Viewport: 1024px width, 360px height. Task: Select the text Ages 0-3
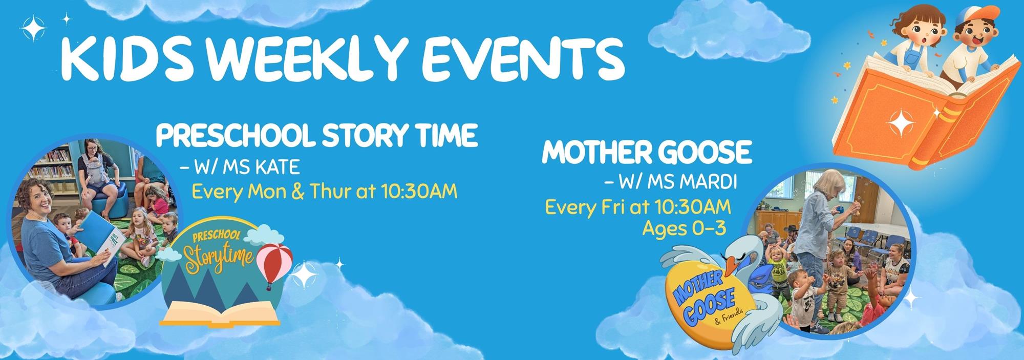pyautogui.click(x=684, y=228)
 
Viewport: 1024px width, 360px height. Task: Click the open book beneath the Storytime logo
pyautogui.click(x=220, y=313)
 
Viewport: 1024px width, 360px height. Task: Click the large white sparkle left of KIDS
pyautogui.click(x=34, y=29)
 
